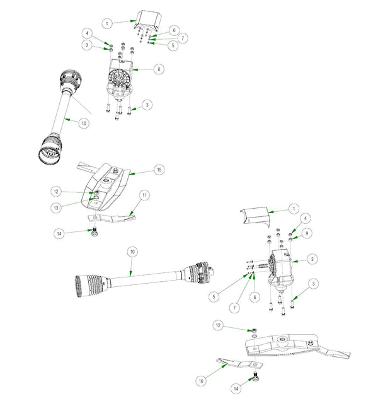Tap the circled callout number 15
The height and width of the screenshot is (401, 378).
(159, 170)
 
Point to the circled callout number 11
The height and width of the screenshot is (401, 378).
(144, 196)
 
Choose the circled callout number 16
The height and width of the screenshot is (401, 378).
(201, 381)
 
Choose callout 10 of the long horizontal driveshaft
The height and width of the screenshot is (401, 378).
(132, 252)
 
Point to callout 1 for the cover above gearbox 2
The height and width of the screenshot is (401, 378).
(293, 208)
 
